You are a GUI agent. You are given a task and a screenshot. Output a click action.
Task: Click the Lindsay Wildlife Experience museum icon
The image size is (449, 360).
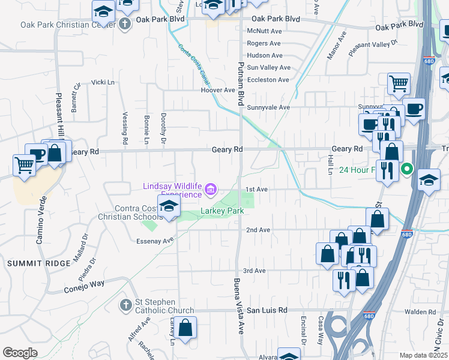pyautogui.click(x=210, y=191)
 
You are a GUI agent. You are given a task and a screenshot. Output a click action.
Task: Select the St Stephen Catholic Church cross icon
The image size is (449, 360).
pyautogui.click(x=125, y=305)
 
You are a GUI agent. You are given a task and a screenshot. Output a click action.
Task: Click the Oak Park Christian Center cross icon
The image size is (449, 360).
pyautogui.click(x=124, y=25)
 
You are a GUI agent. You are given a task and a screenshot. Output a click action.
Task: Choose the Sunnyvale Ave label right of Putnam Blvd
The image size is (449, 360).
pyautogui.click(x=269, y=107)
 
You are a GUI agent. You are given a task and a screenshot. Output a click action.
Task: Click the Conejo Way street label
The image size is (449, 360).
pyautogui.click(x=84, y=286)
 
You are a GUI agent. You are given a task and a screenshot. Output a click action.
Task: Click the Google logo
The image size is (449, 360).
pyautogui.click(x=20, y=353)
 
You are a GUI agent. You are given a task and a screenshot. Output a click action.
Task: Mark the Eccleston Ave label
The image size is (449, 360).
pyautogui.click(x=268, y=80)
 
